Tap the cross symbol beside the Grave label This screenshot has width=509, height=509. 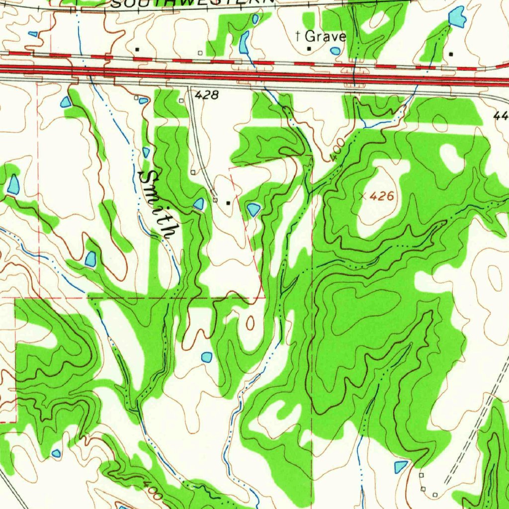[298, 35]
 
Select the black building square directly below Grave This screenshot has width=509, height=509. [309, 49]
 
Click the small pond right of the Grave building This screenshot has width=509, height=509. [336, 51]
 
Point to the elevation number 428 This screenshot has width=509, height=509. [206, 95]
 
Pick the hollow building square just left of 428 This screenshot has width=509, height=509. [181, 101]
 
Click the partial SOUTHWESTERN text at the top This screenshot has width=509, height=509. [192, 3]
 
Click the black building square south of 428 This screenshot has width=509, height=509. [228, 203]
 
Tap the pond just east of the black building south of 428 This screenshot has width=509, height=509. [254, 209]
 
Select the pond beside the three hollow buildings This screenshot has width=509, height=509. [401, 466]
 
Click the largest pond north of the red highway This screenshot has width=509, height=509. [456, 17]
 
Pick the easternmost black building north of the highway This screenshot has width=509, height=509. [451, 54]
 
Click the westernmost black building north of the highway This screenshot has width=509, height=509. [137, 49]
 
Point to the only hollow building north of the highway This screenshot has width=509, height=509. [200, 53]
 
